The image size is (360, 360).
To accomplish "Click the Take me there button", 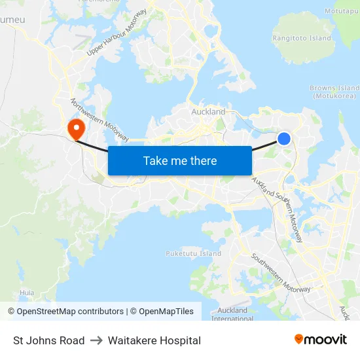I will [180, 160].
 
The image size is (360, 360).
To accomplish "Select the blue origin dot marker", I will [284, 138].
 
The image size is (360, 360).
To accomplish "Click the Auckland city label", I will [208, 112].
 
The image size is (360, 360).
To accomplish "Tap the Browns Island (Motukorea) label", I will [334, 92].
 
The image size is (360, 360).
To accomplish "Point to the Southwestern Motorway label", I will [279, 274].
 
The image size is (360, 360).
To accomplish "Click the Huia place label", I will [27, 293].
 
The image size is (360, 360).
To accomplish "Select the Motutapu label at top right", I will [342, 11].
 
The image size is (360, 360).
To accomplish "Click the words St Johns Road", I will [49, 340].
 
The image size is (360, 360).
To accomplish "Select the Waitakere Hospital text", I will [154, 340].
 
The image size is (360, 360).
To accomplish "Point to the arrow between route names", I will [96, 340].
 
